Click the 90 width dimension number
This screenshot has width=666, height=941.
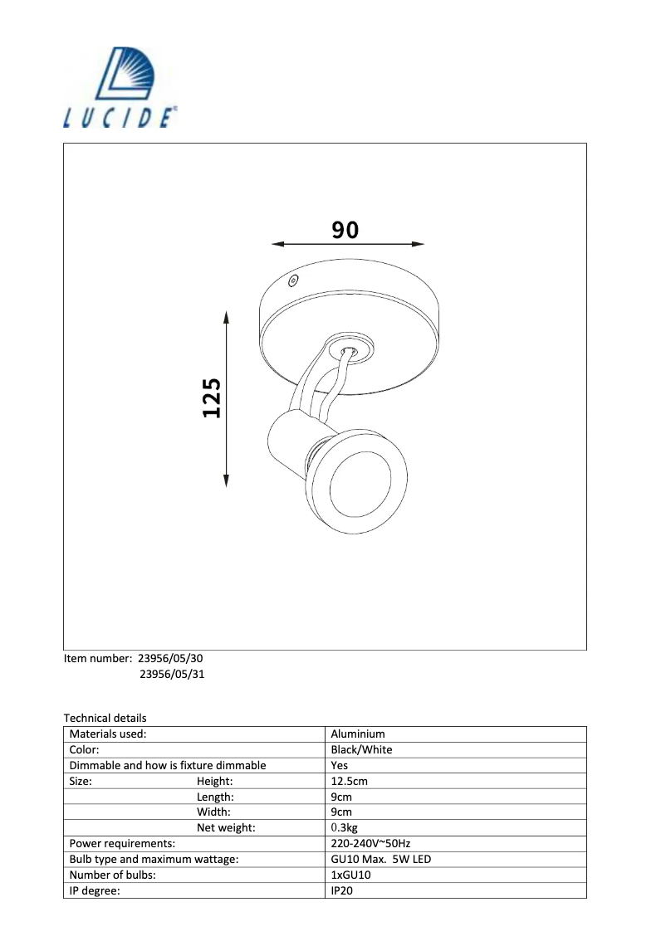click(345, 229)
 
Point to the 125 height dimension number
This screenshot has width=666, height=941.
click(213, 398)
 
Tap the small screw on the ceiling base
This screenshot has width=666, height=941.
click(291, 281)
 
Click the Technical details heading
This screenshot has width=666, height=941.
click(105, 718)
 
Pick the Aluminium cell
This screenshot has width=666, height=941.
click(357, 734)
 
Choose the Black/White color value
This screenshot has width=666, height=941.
click(361, 749)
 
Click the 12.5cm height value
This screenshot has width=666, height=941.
click(349, 781)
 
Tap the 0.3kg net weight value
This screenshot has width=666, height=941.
click(344, 828)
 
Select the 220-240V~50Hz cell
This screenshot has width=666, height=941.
click(370, 844)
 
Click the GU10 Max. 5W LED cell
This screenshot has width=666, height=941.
click(380, 860)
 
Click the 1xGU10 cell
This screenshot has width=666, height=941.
click(350, 875)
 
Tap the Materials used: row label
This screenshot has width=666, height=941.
click(108, 734)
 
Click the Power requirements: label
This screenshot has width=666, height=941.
click(122, 844)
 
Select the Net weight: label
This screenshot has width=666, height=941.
click(226, 828)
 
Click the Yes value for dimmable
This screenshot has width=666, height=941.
click(339, 765)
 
